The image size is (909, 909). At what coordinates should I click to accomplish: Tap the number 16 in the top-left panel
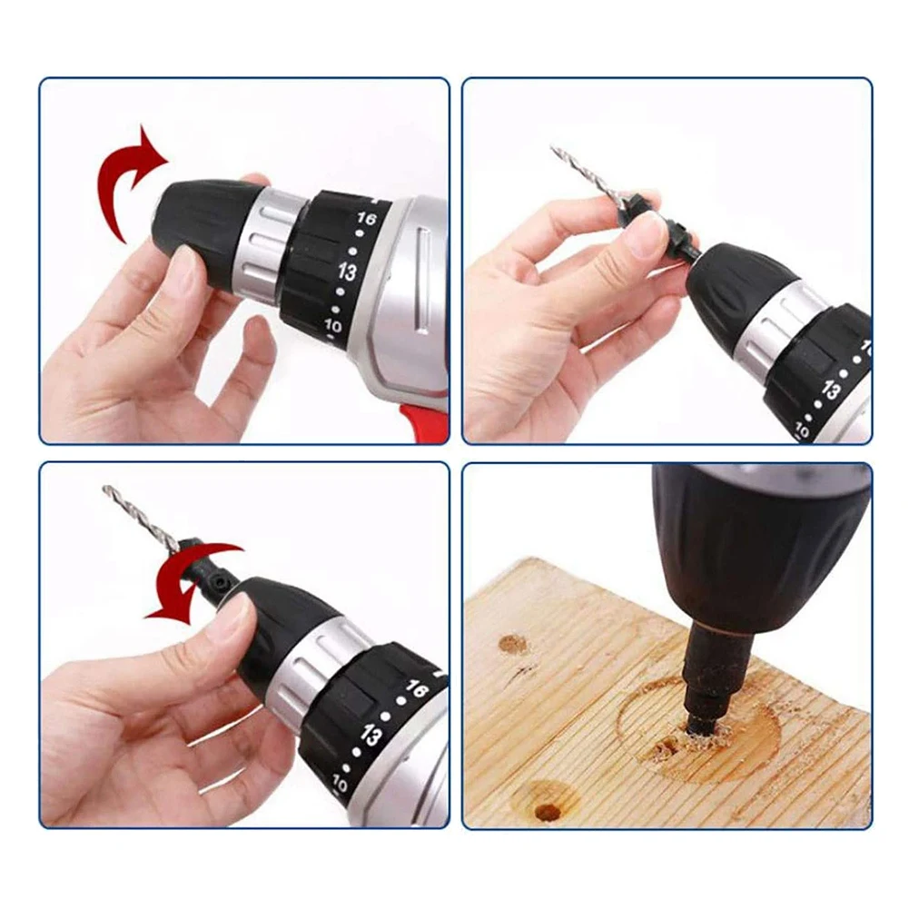tap(367, 220)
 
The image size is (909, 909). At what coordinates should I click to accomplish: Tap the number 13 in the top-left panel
tap(346, 272)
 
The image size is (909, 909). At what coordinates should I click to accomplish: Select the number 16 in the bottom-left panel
tap(416, 690)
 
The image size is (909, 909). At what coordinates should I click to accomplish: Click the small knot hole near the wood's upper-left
tap(514, 644)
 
